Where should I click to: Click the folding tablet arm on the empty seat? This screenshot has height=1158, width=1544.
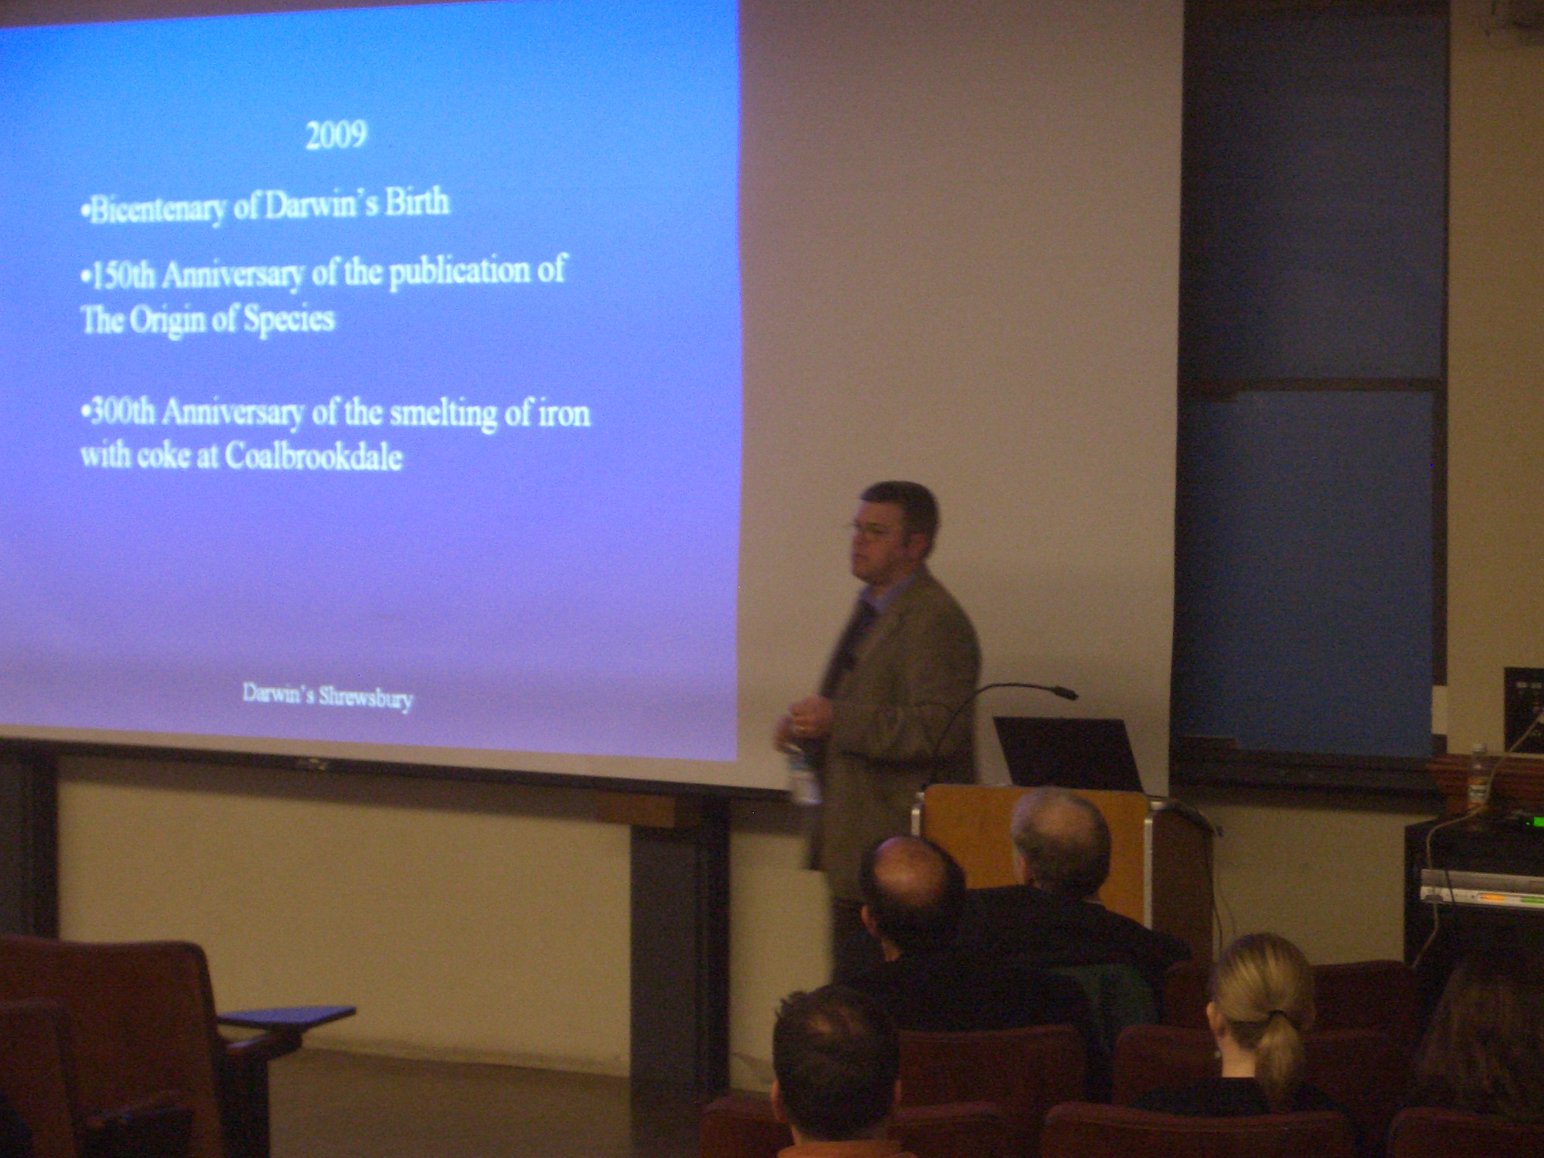pos(285,1016)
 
